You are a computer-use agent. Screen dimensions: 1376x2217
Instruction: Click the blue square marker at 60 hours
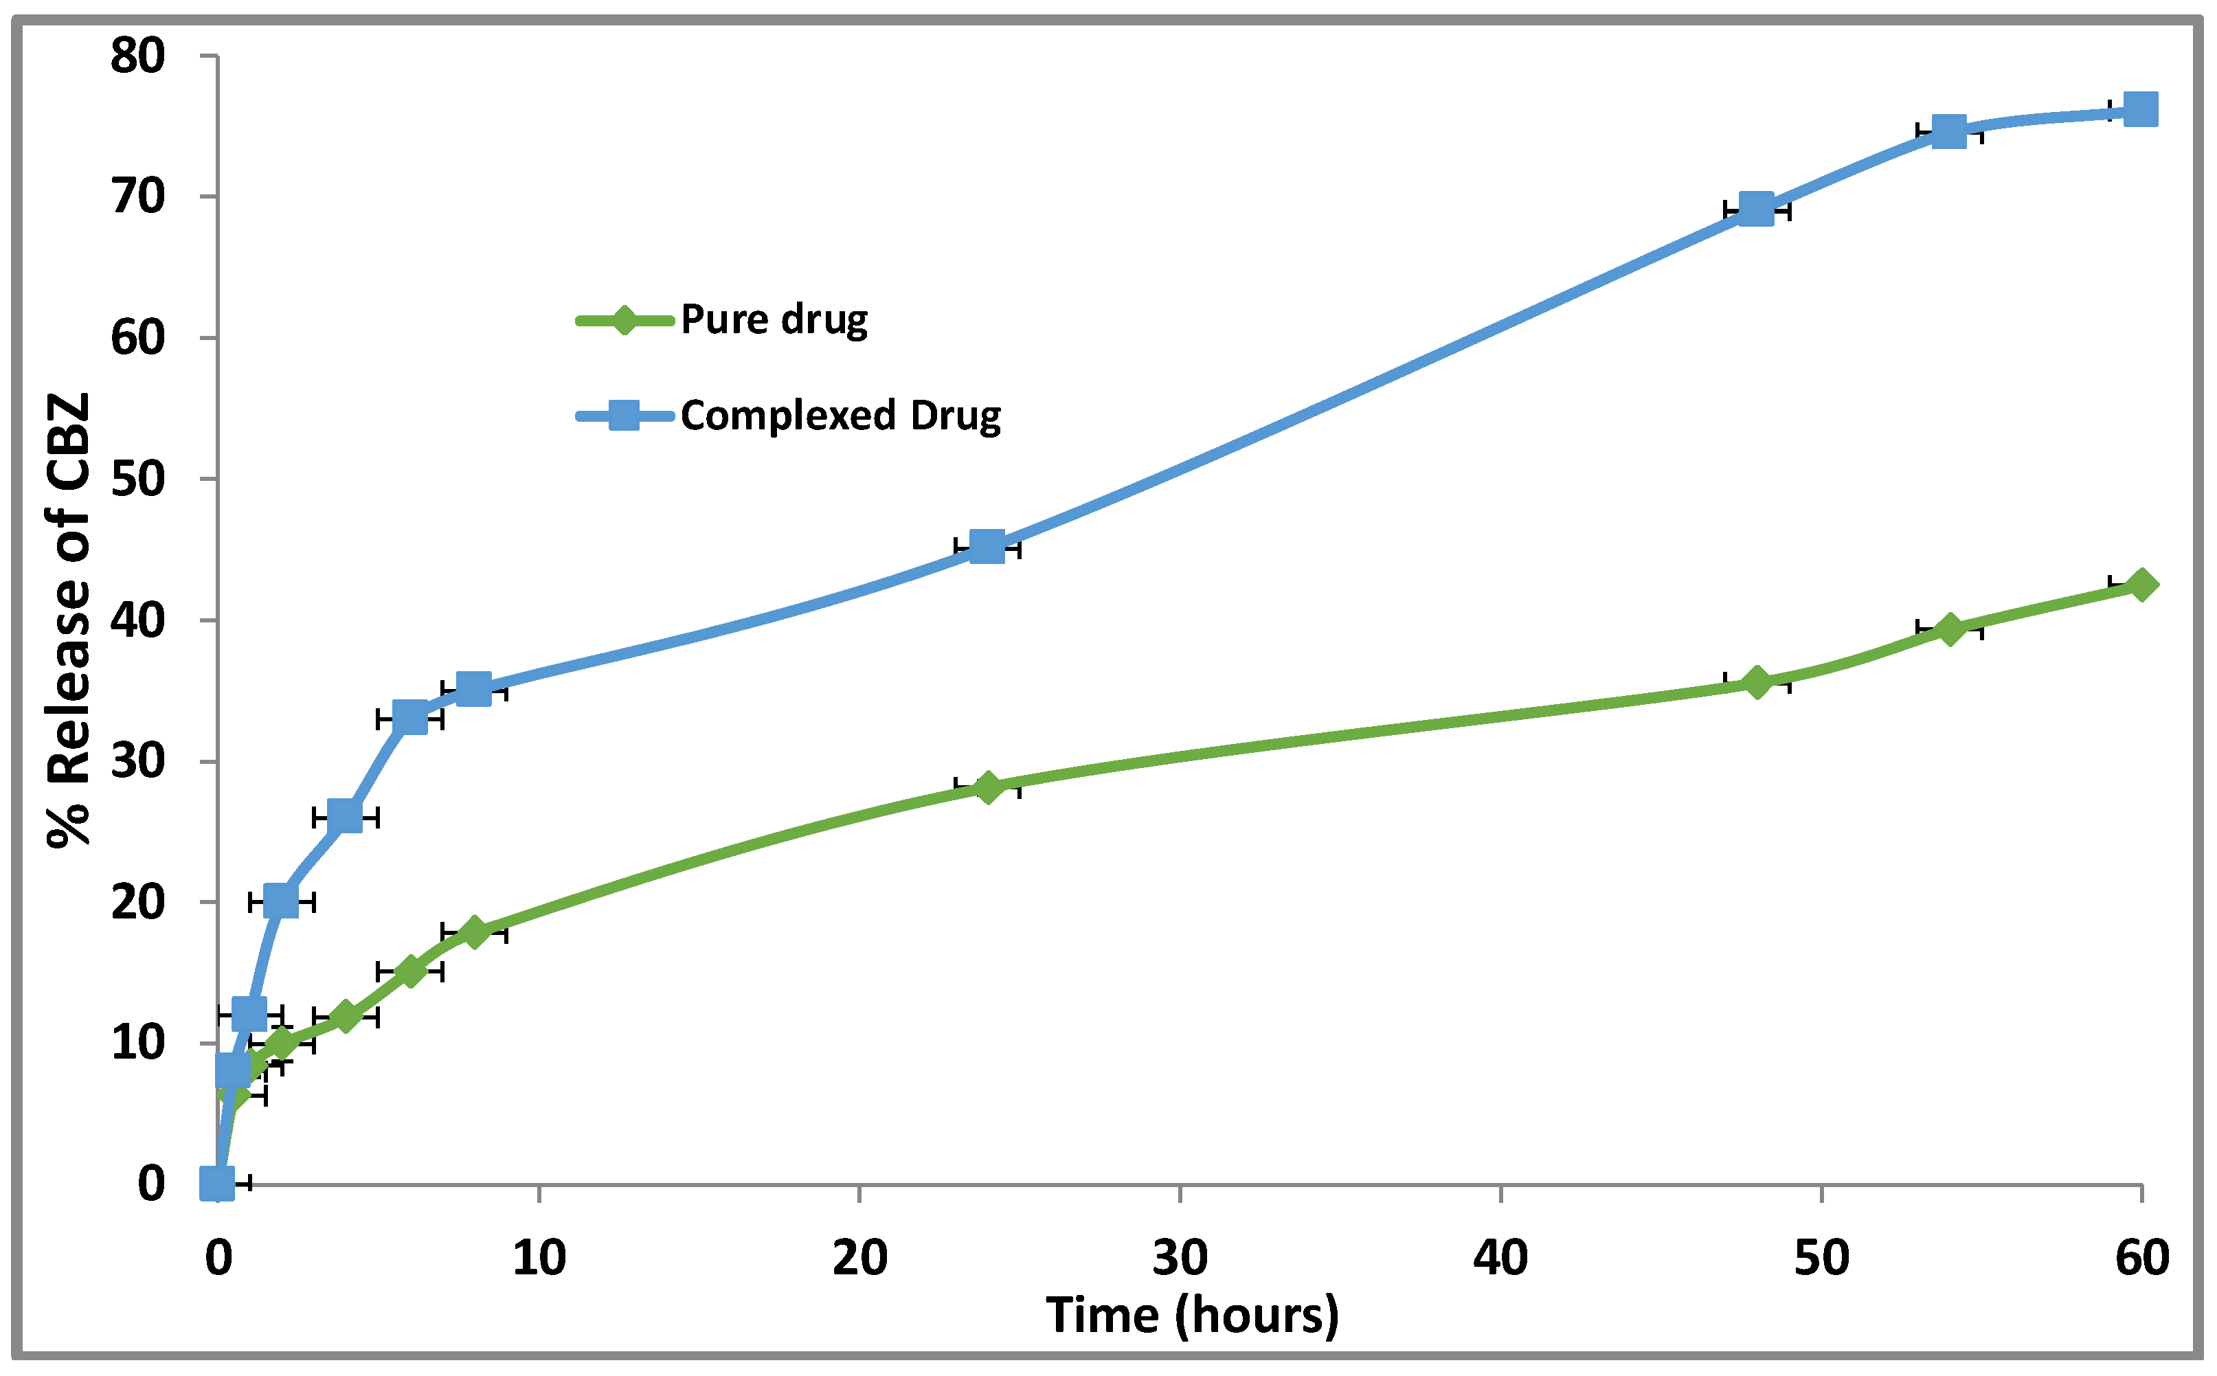2141,110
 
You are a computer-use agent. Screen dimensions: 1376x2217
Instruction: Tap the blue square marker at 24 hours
987,547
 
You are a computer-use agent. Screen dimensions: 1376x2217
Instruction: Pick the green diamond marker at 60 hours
2141,584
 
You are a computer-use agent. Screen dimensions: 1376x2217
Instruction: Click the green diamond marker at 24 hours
987,787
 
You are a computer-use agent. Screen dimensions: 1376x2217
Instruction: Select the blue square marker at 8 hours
473,690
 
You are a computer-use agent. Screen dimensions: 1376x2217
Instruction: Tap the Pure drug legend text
774,319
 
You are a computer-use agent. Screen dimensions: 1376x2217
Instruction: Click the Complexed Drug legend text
840,416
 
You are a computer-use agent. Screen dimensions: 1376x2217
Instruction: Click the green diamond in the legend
624,319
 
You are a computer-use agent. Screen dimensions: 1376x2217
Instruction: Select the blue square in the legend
624,416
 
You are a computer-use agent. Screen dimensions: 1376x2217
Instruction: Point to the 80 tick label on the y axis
137,56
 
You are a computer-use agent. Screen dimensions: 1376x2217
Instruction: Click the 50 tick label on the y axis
137,480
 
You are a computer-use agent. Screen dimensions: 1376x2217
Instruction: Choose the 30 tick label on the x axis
1180,1259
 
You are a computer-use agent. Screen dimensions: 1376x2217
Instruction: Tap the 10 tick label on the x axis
539,1259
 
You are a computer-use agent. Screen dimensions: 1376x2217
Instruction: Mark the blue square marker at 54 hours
1948,131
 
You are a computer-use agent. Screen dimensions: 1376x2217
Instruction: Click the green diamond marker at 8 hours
473,933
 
